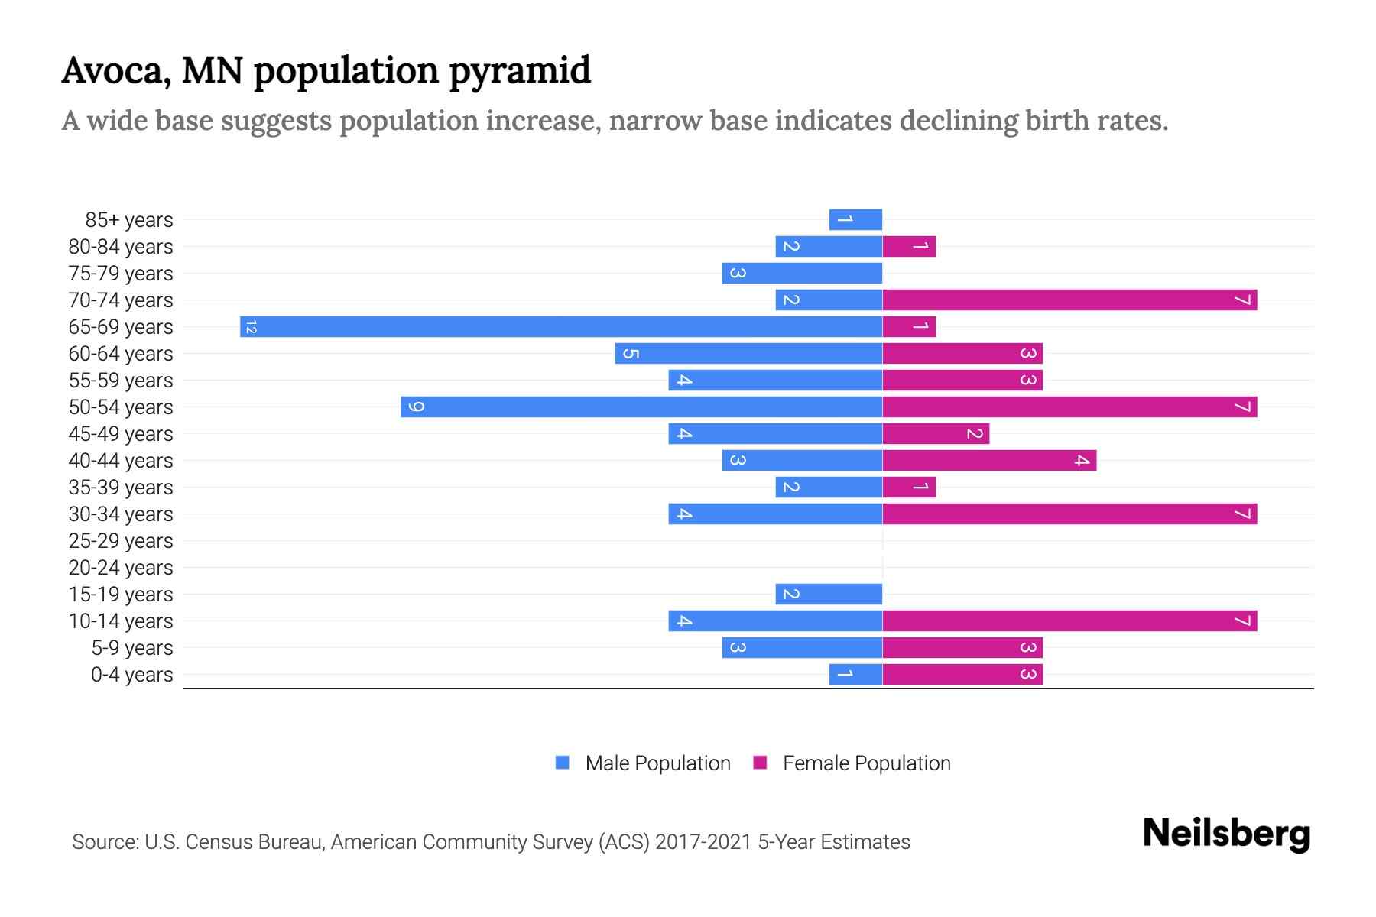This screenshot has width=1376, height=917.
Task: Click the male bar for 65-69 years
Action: pos(561,327)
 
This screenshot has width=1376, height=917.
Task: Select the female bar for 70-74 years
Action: pos(1069,300)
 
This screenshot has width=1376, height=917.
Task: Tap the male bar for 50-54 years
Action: pos(641,407)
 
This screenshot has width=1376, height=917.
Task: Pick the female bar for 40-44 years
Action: pos(989,461)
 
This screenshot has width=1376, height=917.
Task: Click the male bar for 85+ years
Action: pos(855,220)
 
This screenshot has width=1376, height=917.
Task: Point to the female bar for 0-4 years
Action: pos(962,675)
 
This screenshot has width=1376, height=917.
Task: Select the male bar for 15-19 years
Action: pos(829,595)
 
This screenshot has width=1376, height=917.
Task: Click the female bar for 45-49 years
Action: pos(936,434)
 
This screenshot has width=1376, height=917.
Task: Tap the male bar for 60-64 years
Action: pos(748,354)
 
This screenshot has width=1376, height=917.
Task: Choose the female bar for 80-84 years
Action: pos(909,247)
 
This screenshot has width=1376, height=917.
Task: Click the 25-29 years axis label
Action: pos(121,541)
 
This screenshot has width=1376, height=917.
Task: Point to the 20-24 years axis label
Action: pos(121,568)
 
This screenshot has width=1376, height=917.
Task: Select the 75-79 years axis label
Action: pos(121,274)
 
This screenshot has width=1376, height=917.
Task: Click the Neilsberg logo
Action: pos(1226,834)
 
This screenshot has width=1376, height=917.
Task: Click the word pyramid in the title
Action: pos(519,71)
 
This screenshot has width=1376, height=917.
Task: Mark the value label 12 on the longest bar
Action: pos(251,327)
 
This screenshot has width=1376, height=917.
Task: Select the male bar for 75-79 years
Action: pos(802,274)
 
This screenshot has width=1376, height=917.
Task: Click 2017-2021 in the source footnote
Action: pos(703,842)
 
